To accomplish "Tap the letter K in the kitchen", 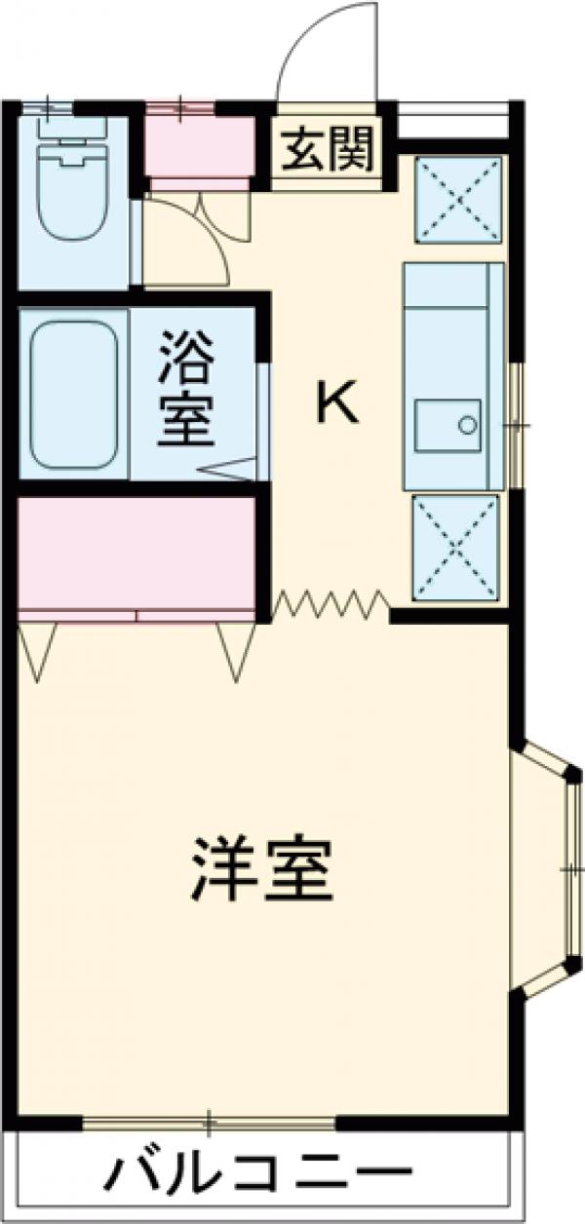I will click(336, 402).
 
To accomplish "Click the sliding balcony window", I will click(209, 1123).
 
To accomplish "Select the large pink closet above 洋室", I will click(136, 554).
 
